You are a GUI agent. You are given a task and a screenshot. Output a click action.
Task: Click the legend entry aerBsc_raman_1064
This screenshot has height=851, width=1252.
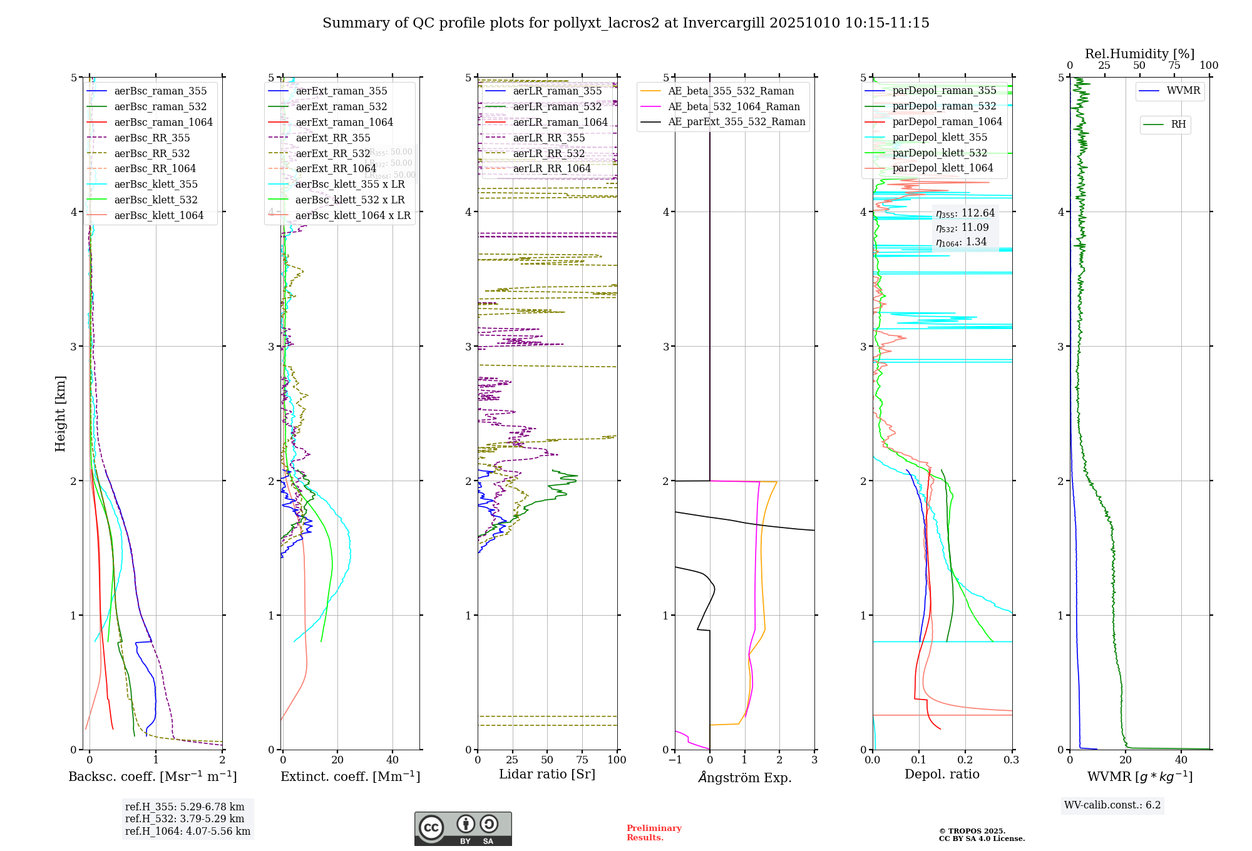pos(163,123)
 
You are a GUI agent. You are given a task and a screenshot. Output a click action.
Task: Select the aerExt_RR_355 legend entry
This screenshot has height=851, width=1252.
pos(333,138)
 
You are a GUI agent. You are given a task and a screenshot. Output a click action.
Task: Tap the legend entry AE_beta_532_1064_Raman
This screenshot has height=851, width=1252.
pos(734,107)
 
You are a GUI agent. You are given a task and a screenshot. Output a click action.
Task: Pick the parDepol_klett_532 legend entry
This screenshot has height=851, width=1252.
pos(940,153)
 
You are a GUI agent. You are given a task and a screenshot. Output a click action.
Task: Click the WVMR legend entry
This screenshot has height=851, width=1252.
pos(1183,91)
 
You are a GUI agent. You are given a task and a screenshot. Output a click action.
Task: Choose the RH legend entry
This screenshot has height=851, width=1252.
pos(1178,125)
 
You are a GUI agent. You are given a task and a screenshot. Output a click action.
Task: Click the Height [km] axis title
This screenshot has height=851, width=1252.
pos(60,414)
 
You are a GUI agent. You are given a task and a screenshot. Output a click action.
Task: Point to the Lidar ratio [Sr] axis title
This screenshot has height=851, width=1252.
pos(547,775)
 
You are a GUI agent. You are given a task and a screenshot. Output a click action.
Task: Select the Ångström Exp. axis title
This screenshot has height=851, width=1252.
pos(745,778)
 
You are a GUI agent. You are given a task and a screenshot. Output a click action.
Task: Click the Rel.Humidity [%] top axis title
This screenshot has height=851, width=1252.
pos(1139,54)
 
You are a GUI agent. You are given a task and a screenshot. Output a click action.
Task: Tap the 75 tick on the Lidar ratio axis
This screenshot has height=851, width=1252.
pos(582,760)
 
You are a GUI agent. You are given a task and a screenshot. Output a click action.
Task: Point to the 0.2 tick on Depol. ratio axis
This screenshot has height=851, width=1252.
pos(965,760)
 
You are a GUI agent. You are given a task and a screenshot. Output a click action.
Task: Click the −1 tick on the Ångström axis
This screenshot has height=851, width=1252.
pos(675,760)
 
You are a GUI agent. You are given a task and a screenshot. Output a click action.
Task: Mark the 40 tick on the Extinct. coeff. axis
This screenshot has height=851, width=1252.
pos(393,760)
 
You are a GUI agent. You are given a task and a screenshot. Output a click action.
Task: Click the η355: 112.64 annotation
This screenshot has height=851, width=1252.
pos(965,213)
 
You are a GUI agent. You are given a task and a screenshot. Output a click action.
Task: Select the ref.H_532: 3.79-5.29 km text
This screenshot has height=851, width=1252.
pos(185,819)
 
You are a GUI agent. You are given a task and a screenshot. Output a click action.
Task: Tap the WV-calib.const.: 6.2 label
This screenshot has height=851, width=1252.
pos(1112,805)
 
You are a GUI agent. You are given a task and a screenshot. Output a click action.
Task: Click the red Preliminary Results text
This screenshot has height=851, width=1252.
pos(654,833)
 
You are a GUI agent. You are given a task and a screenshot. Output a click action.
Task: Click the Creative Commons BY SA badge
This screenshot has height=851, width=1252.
pos(463,828)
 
